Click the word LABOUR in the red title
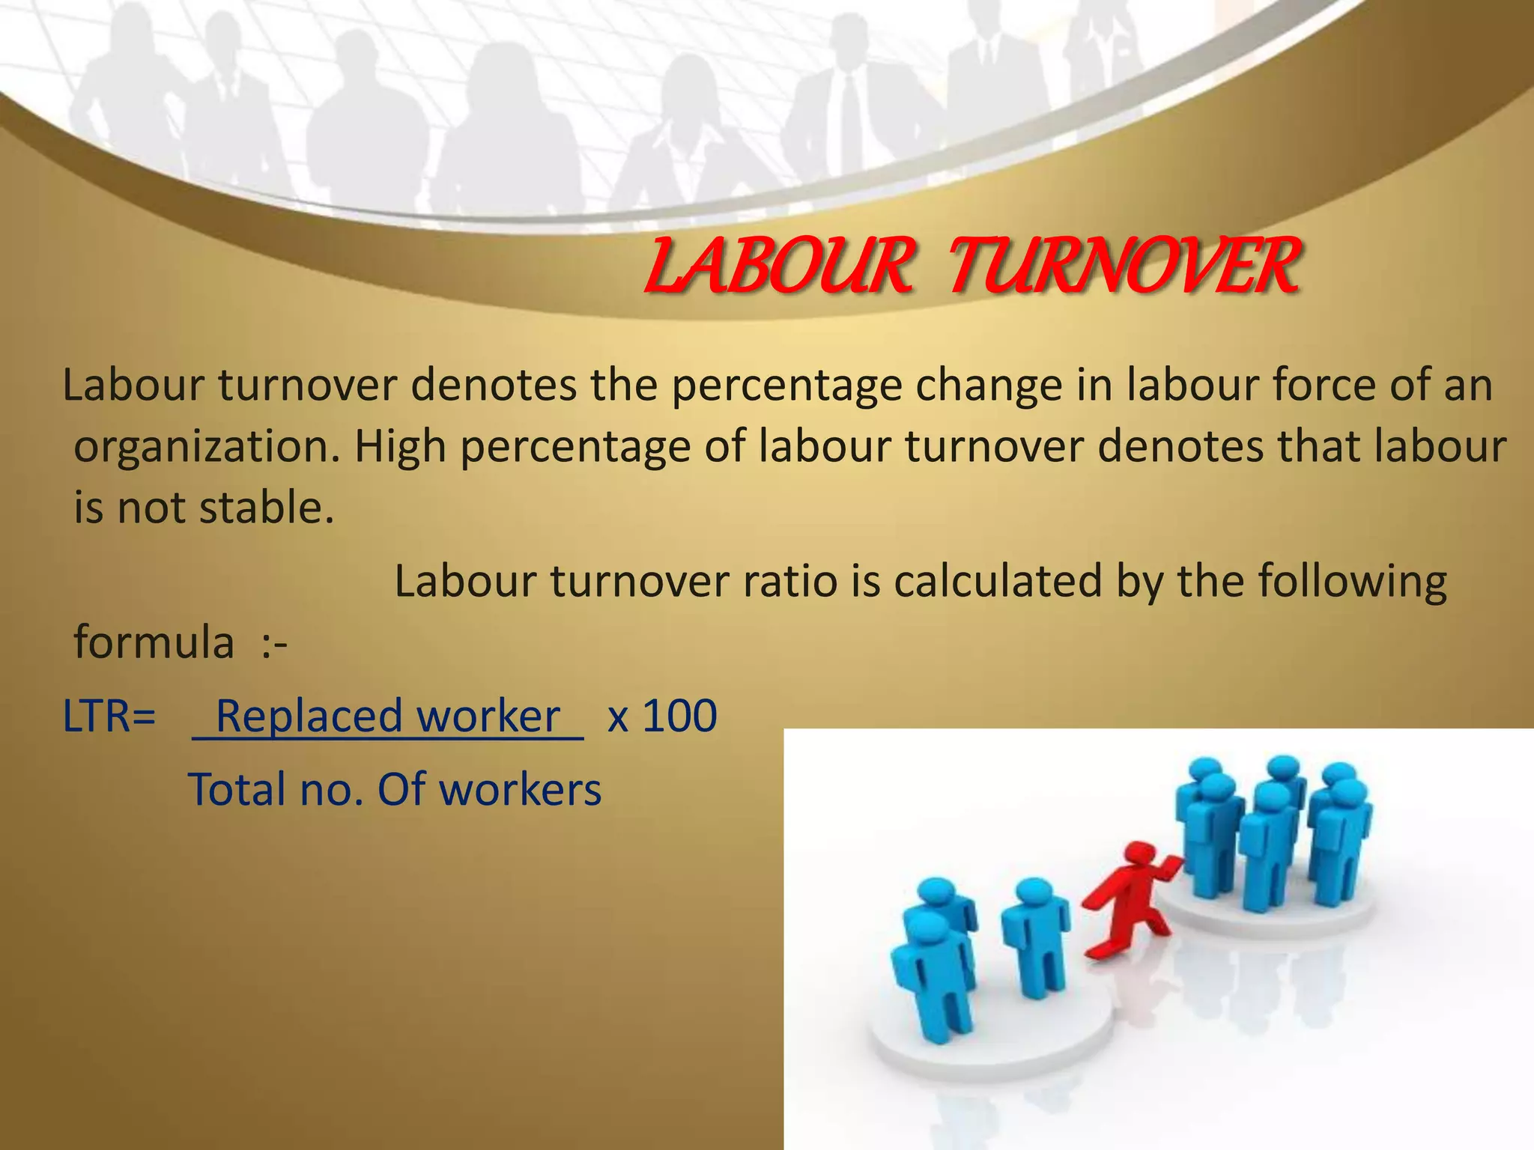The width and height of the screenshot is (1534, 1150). [x=779, y=266]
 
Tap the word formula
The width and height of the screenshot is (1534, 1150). [x=154, y=644]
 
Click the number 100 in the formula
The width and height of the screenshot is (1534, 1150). [x=679, y=717]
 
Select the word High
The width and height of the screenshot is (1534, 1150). [x=397, y=447]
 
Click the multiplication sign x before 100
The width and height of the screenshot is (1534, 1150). [x=617, y=718]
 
